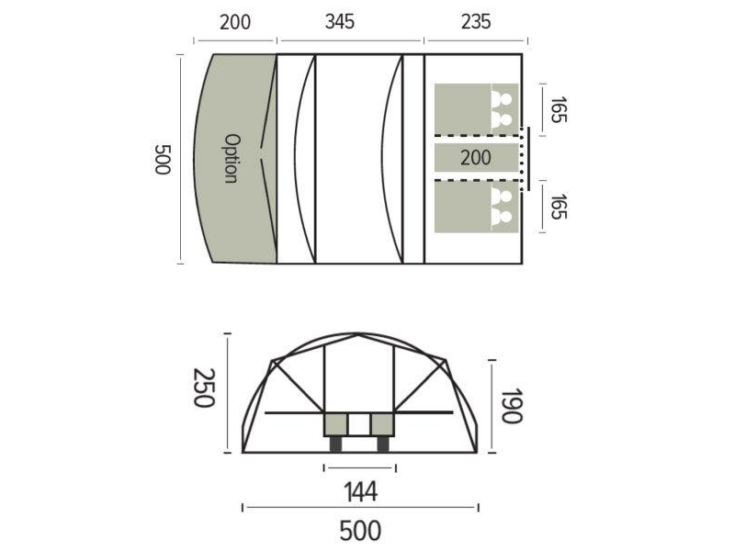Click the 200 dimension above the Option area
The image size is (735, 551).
pos(235,22)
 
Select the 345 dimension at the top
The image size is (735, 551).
pos(340,21)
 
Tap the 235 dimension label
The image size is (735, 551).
pos(476,21)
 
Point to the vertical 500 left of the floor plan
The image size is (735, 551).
pos(163,159)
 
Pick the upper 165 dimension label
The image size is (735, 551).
pos(558,109)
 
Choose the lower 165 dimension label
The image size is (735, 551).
pos(558,206)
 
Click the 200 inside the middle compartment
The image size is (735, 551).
pos(476,157)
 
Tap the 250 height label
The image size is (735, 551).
pos(204,388)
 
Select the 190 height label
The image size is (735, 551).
pos(512,405)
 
